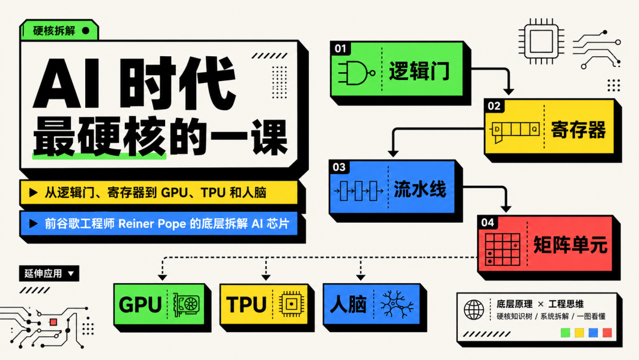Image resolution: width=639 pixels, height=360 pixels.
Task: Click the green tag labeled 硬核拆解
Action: pyautogui.click(x=59, y=31)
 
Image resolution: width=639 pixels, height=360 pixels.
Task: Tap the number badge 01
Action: pyautogui.click(x=340, y=49)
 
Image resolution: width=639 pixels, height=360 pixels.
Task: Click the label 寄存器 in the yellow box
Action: pyautogui.click(x=578, y=130)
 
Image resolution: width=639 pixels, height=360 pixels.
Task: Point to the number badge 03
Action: pyautogui.click(x=339, y=167)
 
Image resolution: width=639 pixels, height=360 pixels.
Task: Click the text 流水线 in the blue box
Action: pyautogui.click(x=419, y=189)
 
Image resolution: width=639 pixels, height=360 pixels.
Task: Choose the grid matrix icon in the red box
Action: pyautogui.click(x=502, y=249)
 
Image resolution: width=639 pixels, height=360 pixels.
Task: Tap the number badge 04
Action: pyautogui.click(x=488, y=223)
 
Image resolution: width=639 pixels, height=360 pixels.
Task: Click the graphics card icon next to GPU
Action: pyautogui.click(x=186, y=304)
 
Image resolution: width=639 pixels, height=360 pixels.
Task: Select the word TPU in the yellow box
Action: pyautogui.click(x=246, y=304)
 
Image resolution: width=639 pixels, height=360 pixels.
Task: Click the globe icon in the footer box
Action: pyautogui.click(x=474, y=310)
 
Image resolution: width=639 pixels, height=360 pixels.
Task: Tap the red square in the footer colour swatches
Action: pyautogui.click(x=607, y=333)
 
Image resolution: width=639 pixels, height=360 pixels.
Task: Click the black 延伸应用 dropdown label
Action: pyautogui.click(x=49, y=273)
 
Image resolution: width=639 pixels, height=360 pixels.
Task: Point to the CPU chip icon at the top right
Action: pyautogui.click(x=541, y=41)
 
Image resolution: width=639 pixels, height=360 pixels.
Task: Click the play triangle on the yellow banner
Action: pyautogui.click(x=33, y=192)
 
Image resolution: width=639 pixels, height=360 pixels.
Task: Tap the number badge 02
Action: pyautogui.click(x=494, y=106)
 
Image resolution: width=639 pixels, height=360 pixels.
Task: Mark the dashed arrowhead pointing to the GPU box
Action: pyautogui.click(x=162, y=277)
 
